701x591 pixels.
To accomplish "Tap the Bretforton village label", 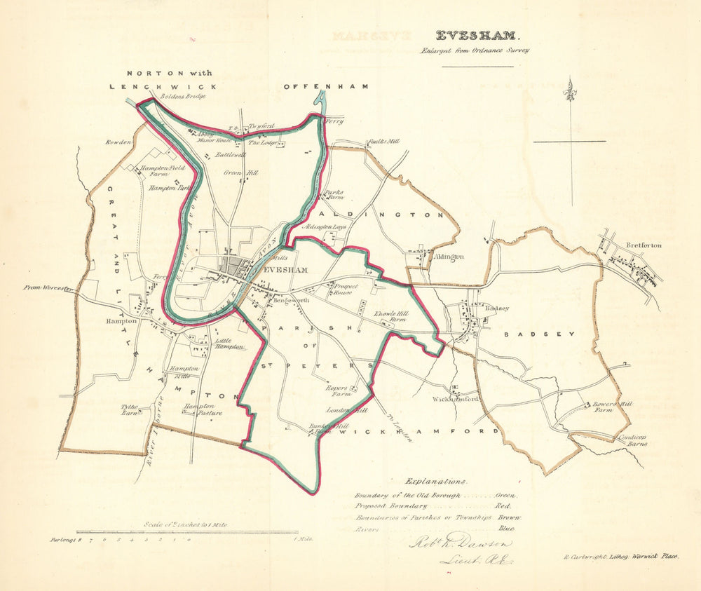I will tap(644, 245).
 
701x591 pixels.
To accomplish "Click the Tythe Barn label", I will tap(130, 409).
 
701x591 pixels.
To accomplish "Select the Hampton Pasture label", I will tap(203, 409).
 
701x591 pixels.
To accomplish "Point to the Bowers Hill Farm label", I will tap(604, 408).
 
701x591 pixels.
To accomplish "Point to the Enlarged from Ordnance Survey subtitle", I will tap(475, 50).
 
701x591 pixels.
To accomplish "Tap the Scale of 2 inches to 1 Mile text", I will tap(185, 524).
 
